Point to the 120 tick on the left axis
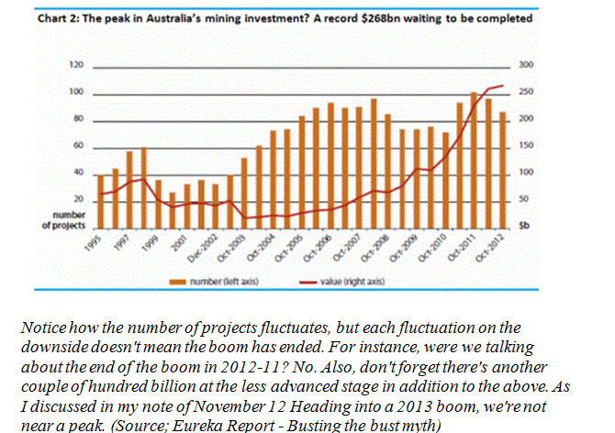tap(78, 66)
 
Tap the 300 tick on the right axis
tap(527, 66)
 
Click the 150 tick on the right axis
tap(527, 146)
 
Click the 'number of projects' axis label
tap(62, 220)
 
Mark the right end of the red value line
tap(504, 86)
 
